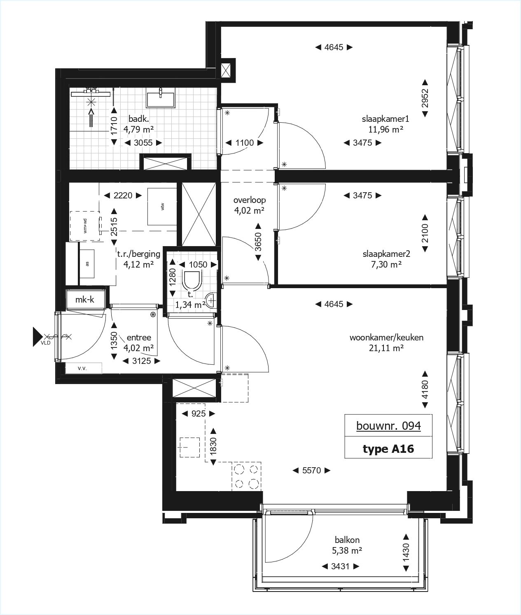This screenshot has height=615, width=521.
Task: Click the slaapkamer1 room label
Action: coord(385,119)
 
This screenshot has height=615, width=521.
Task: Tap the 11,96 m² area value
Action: coord(385,130)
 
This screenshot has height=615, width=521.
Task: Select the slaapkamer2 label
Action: coord(386,254)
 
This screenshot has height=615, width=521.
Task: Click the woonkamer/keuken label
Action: coord(386,338)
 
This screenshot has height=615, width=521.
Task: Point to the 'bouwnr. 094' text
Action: coord(388,426)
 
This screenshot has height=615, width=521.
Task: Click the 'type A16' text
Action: coord(388,449)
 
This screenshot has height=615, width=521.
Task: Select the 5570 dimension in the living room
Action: coord(311,470)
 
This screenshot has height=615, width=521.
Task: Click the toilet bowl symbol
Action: coord(192,282)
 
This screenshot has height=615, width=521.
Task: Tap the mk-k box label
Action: coord(84,299)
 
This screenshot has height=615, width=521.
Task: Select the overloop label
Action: coord(249,200)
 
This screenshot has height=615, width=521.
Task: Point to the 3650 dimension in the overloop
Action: coord(258,242)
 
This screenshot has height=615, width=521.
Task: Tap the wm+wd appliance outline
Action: coord(85,226)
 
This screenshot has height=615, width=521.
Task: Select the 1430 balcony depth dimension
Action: coord(406,553)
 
